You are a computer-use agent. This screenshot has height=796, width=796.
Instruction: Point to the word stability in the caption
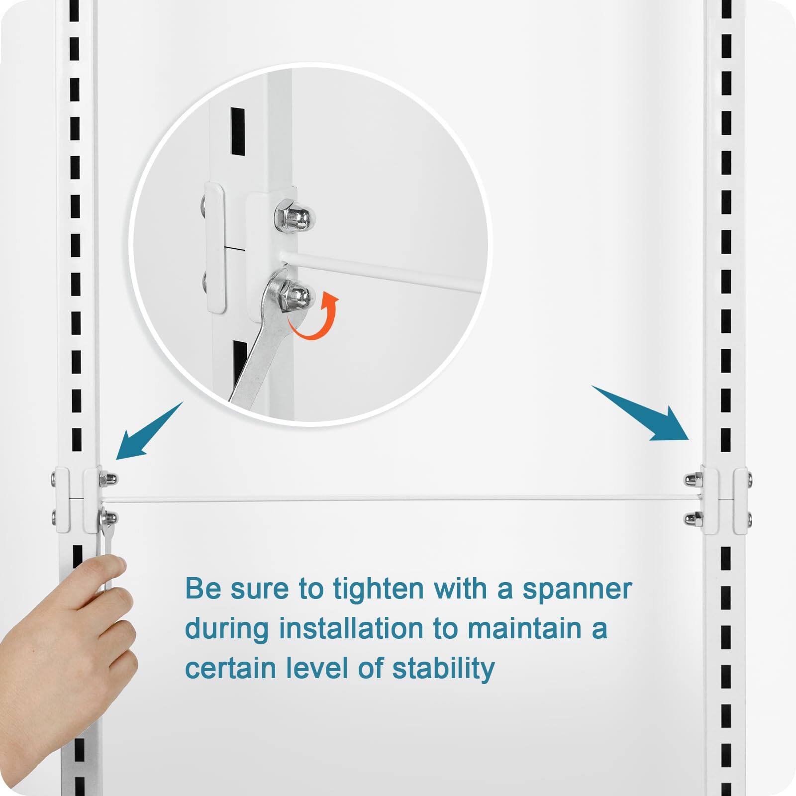pyautogui.click(x=443, y=668)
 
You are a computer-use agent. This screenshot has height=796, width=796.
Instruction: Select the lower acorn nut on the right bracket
pyautogui.click(x=691, y=519)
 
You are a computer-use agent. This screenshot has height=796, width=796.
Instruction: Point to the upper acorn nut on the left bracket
pyautogui.click(x=109, y=479)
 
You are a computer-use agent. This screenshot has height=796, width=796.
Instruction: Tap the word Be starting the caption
pyautogui.click(x=203, y=589)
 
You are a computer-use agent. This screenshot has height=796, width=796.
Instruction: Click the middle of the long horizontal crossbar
pyautogui.click(x=398, y=498)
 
